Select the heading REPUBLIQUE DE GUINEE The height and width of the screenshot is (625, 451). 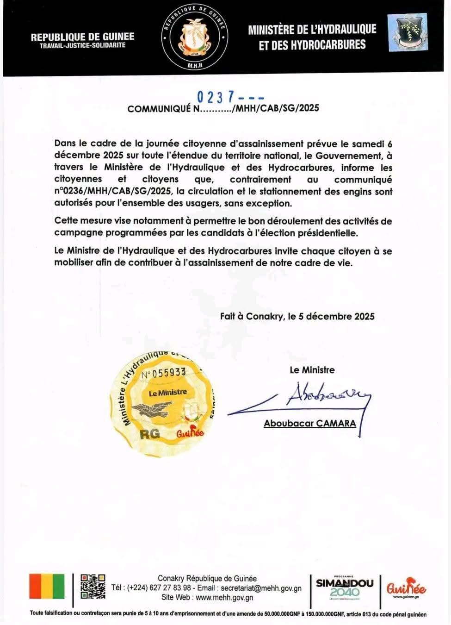point(83,37)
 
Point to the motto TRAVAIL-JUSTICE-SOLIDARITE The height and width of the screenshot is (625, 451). point(82,46)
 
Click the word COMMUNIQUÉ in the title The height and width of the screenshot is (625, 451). point(159,109)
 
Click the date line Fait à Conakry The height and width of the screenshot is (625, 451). point(297,316)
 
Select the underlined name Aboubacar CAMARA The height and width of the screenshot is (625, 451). point(310,423)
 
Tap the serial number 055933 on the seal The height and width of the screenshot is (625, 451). point(164,373)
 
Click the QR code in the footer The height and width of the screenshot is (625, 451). point(93,587)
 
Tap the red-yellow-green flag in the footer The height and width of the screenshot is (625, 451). point(47,587)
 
